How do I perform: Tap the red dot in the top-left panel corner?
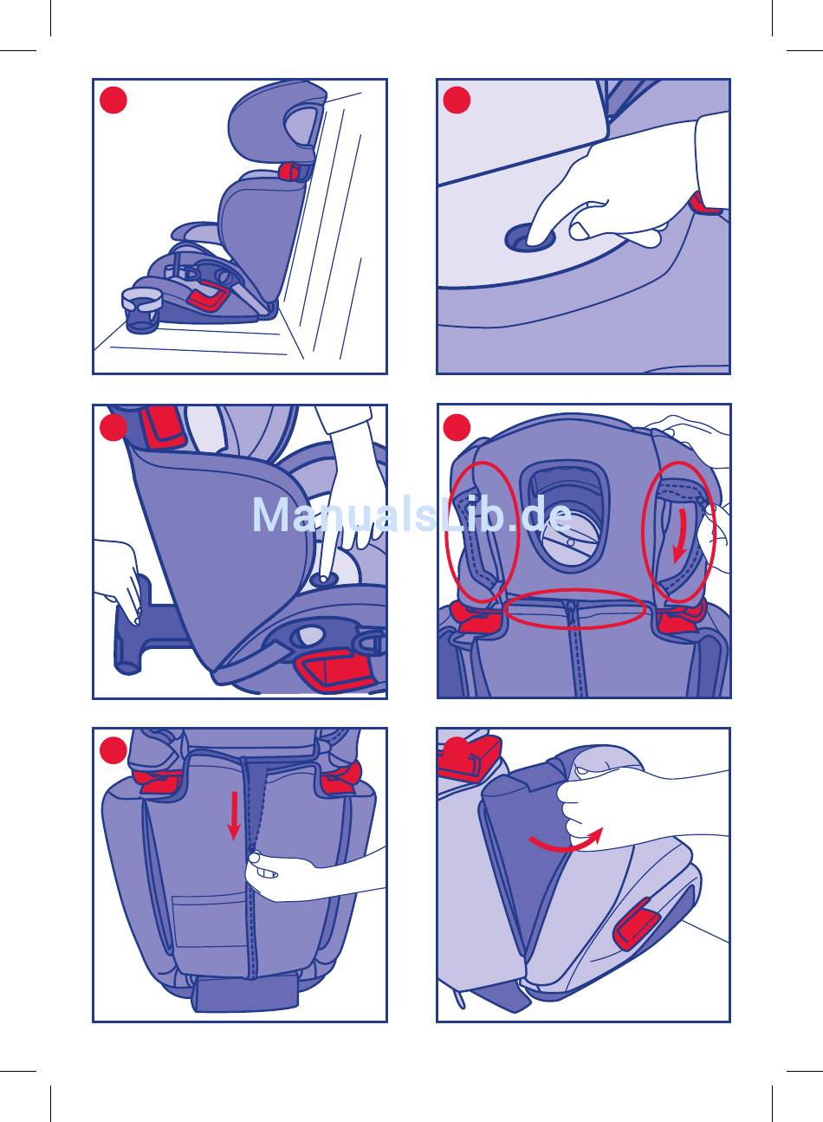click(113, 101)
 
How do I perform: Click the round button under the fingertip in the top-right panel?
click(530, 237)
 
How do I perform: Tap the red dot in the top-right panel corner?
click(457, 101)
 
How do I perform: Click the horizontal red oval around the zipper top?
click(575, 608)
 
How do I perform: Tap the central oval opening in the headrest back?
click(566, 517)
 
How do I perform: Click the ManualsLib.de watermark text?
click(412, 515)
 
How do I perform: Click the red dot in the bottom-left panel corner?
click(113, 750)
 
